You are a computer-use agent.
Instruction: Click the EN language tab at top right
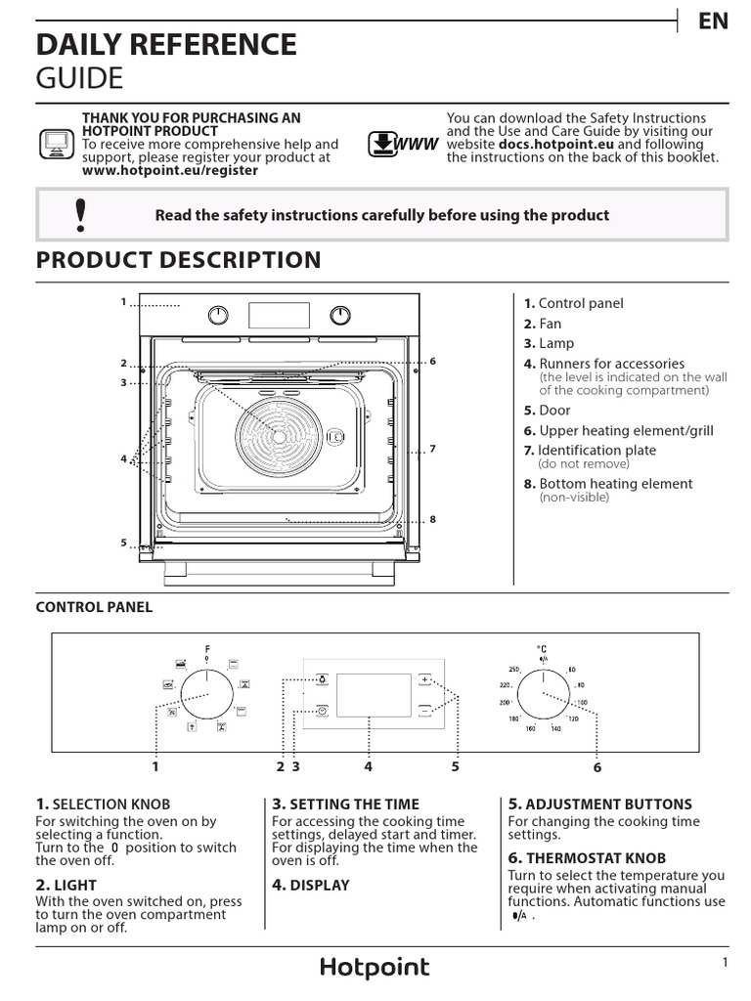(x=713, y=22)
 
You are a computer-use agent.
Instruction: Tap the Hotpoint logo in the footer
(x=375, y=968)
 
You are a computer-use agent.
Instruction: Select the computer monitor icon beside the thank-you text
(x=55, y=144)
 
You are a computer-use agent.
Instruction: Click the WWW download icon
(x=402, y=145)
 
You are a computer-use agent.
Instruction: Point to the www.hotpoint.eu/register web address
(x=170, y=170)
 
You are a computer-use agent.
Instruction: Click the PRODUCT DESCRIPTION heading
(x=178, y=260)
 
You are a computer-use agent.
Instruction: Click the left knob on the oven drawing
(x=219, y=315)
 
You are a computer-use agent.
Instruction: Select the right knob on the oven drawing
(x=340, y=315)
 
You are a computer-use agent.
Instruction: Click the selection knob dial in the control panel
(x=207, y=695)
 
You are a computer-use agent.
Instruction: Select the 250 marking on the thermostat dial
(x=512, y=670)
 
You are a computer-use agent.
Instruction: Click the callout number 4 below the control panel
(x=369, y=766)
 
